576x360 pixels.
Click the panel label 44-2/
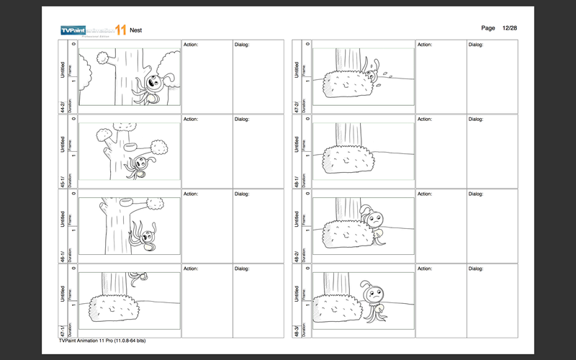(63, 107)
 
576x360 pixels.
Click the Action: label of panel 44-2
(191, 45)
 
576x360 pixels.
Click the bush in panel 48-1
(348, 159)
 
